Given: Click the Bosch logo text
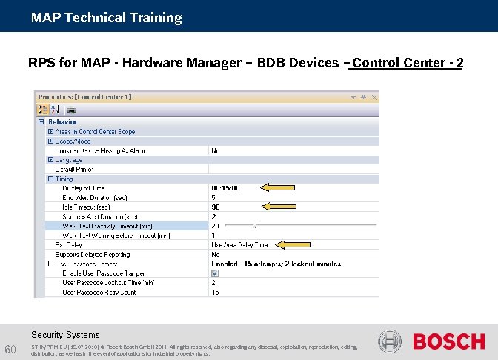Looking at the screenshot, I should click(448, 342).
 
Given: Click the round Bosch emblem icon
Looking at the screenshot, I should click(389, 341).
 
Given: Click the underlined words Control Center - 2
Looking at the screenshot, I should click(408, 63).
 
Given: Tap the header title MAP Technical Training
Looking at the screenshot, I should click(106, 17).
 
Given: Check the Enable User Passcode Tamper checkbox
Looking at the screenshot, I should click(215, 273).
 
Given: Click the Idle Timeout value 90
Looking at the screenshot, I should click(216, 207).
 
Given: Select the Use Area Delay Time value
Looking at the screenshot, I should click(239, 244).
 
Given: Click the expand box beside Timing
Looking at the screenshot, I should click(50, 179).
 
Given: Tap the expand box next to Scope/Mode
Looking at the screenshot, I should click(50, 141).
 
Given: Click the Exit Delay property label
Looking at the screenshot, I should click(69, 244).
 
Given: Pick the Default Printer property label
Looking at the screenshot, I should click(74, 169).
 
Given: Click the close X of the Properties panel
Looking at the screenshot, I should click(373, 96).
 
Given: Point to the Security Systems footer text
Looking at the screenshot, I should click(65, 335).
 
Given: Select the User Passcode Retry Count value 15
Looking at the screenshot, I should click(216, 292).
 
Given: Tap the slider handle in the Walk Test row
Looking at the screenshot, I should click(255, 225).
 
